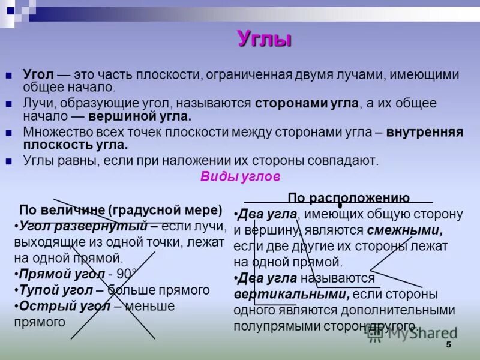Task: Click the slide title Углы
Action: click(x=265, y=39)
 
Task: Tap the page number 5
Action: click(x=448, y=346)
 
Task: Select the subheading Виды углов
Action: click(x=240, y=178)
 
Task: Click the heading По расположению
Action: click(x=349, y=198)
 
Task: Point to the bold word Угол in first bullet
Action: click(x=39, y=75)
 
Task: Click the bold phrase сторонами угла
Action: click(x=307, y=103)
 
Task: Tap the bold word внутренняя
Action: click(x=425, y=132)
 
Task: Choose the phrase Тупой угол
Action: click(x=56, y=290)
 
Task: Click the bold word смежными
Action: click(x=405, y=230)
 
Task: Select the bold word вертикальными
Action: click(x=292, y=295)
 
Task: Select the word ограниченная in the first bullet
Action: click(x=247, y=75)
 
